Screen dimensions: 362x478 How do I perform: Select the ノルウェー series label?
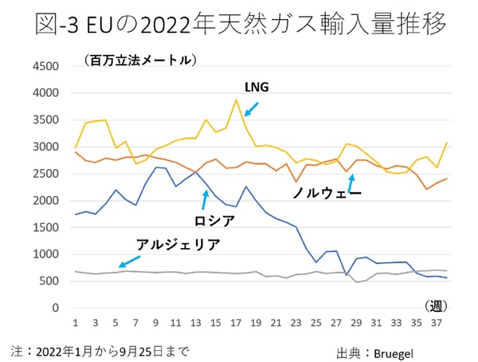click(x=327, y=193)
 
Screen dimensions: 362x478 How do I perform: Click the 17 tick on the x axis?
click(x=236, y=323)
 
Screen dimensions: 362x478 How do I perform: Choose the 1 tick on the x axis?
click(x=74, y=323)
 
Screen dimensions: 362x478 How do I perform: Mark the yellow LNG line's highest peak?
click(x=236, y=100)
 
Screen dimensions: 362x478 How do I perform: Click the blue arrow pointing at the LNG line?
click(x=250, y=108)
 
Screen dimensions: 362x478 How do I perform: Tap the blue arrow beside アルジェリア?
click(x=127, y=262)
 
